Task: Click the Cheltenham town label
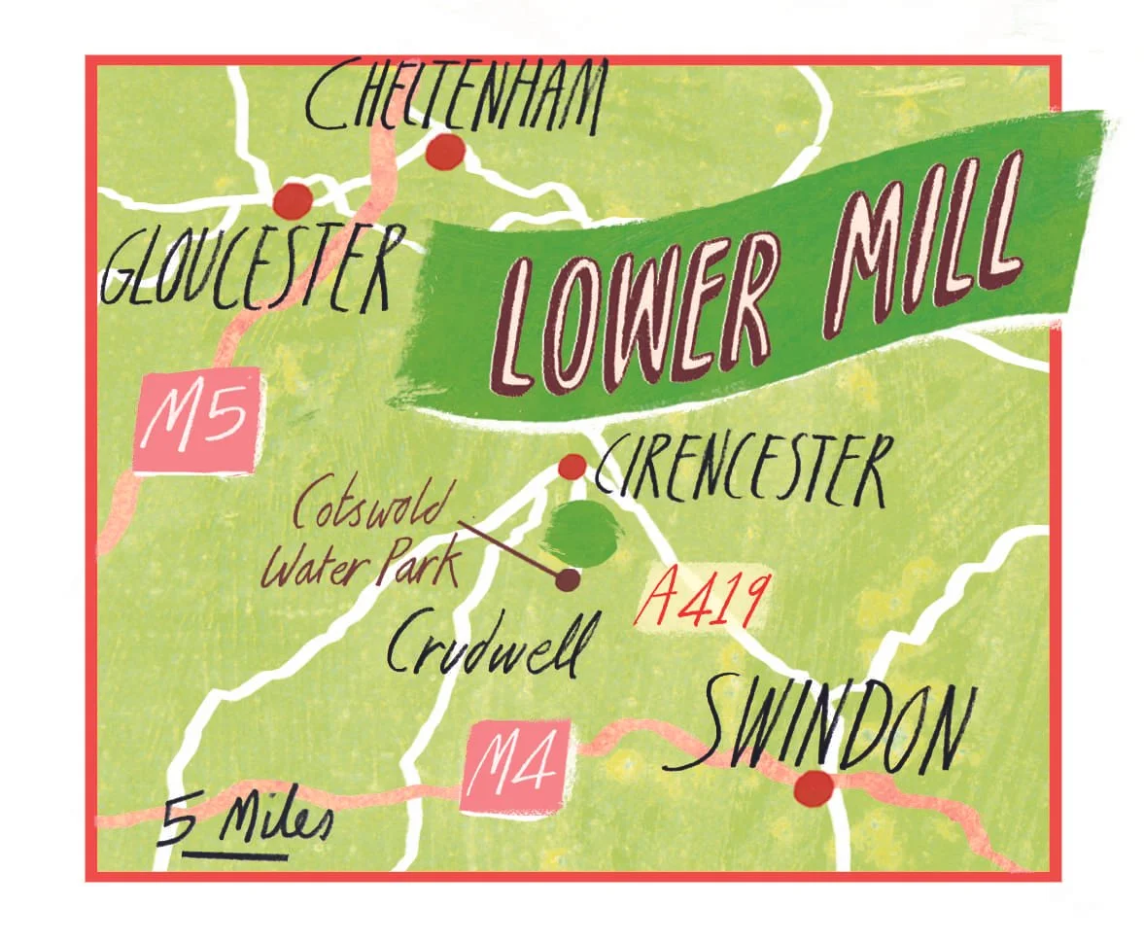pyautogui.click(x=455, y=97)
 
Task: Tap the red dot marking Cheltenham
pyautogui.click(x=445, y=152)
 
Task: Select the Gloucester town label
pyautogui.click(x=248, y=264)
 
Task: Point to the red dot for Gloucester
pyautogui.click(x=293, y=201)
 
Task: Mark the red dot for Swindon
pyautogui.click(x=813, y=787)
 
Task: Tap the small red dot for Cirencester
pyautogui.click(x=572, y=467)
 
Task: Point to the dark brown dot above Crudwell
pyautogui.click(x=567, y=580)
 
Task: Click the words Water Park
pyautogui.click(x=360, y=567)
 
